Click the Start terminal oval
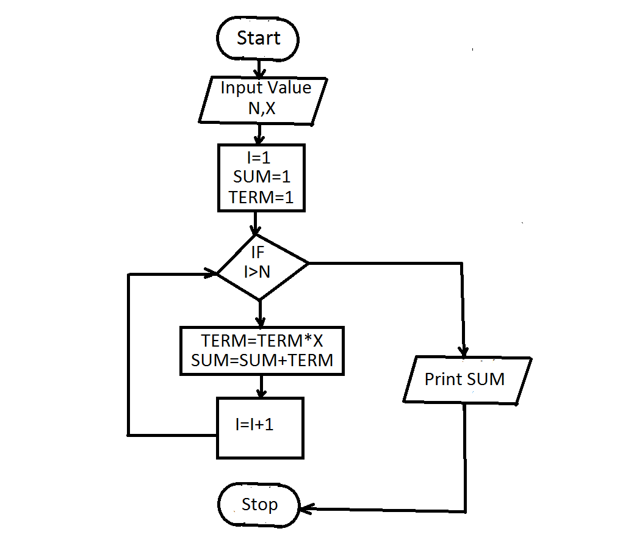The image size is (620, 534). point(258,39)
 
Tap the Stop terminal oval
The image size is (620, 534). point(259,505)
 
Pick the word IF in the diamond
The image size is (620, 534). point(259,252)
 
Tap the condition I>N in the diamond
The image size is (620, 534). point(257,272)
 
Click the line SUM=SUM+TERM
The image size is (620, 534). point(262,360)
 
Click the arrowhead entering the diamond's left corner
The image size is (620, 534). point(212,274)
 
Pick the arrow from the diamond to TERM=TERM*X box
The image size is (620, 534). point(261,314)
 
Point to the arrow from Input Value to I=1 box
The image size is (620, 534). point(259,134)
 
